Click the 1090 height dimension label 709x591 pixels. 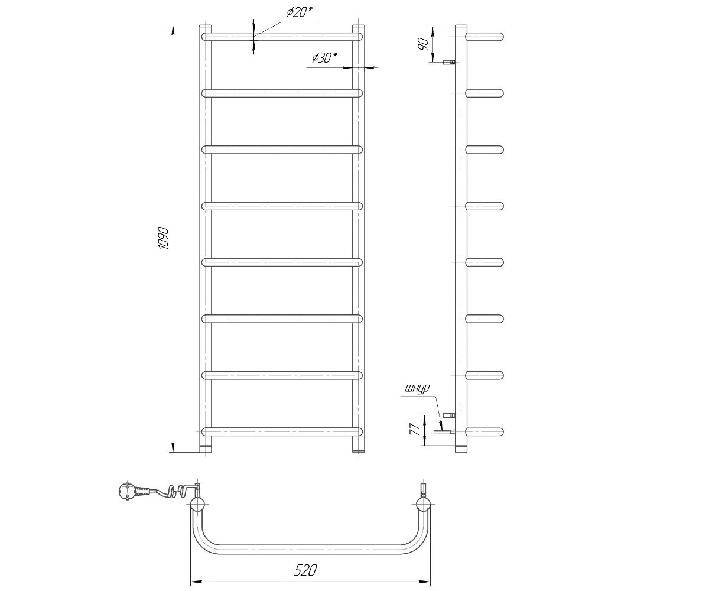(163, 238)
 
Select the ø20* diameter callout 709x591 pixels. (299, 12)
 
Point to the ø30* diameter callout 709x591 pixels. (324, 58)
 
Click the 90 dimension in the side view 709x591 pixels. (423, 44)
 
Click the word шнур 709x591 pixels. (417, 388)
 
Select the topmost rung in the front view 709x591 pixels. (282, 37)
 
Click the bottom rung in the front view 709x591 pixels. (282, 431)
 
